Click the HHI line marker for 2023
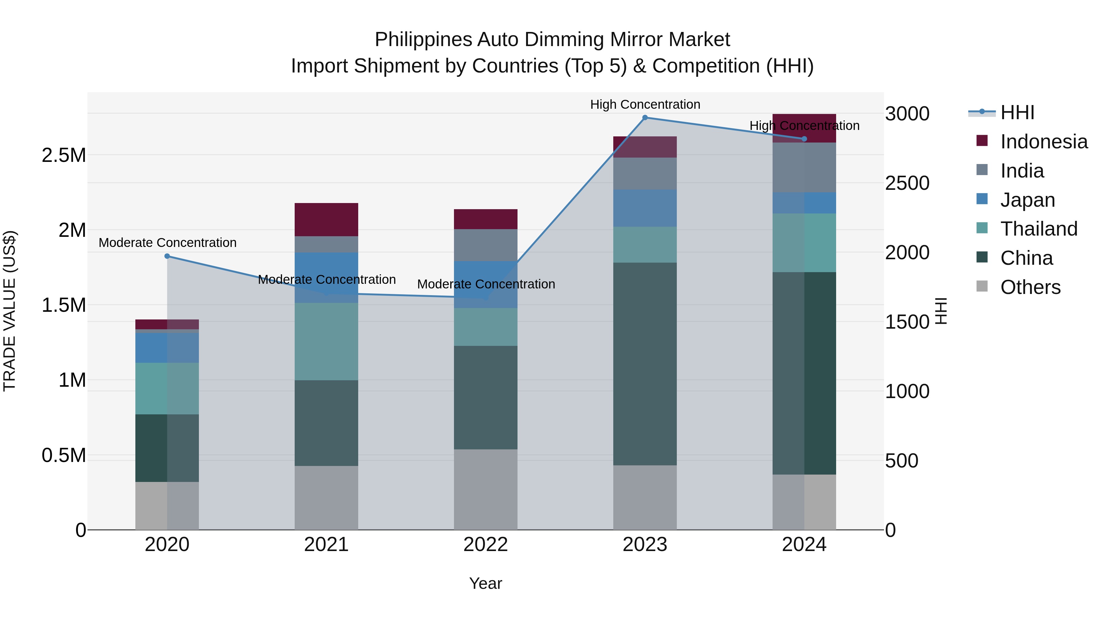(x=645, y=118)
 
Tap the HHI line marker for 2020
(x=167, y=256)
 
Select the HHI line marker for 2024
(x=804, y=139)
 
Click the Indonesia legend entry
(x=1043, y=142)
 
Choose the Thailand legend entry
(x=1038, y=229)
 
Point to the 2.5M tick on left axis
(x=64, y=155)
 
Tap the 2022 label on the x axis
(x=486, y=545)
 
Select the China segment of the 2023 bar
(x=645, y=364)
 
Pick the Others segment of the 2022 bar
(x=486, y=489)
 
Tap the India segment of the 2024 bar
(x=804, y=167)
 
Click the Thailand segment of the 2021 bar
(x=327, y=341)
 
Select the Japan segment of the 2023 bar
(x=645, y=208)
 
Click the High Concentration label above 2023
(x=645, y=104)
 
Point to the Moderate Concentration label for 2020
(x=167, y=243)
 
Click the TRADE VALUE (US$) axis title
(x=10, y=311)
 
